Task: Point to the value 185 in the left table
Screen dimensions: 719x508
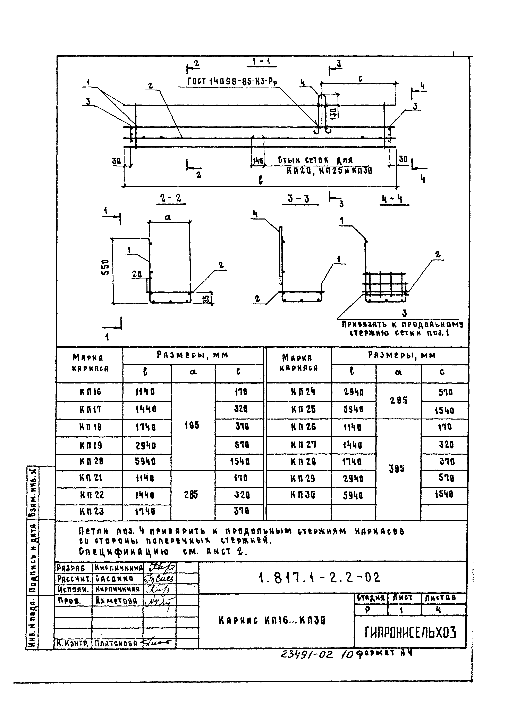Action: click(x=192, y=425)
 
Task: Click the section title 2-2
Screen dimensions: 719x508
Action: click(x=171, y=198)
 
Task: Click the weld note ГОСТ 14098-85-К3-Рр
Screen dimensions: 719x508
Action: click(x=232, y=81)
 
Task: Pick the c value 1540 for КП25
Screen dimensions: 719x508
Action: click(x=444, y=410)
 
